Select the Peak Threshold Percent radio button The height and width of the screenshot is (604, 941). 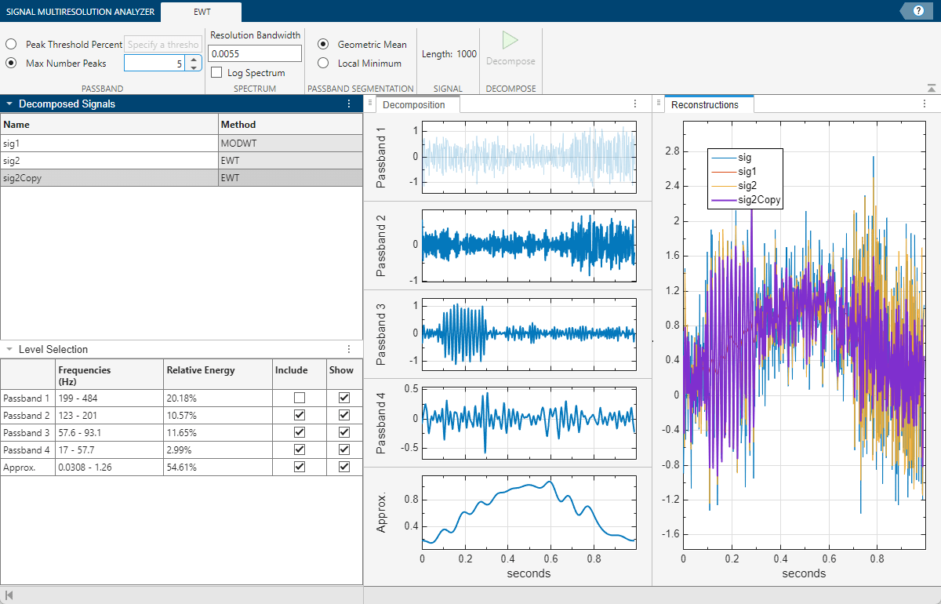coord(12,45)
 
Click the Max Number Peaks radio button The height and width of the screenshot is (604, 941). coord(12,63)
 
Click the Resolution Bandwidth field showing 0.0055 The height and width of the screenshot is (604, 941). coord(255,53)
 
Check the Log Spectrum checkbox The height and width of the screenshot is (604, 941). coord(216,73)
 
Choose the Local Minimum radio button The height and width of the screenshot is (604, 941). coord(323,64)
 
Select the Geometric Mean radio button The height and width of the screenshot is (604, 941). coord(323,45)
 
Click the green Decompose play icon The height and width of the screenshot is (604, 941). coord(510,41)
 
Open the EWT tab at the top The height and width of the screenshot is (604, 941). coord(202,12)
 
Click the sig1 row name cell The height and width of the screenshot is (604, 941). coord(110,143)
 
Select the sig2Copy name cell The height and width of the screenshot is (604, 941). coord(110,177)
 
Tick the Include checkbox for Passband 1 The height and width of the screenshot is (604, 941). coord(299,398)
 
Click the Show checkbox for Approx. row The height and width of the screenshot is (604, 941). coord(343,467)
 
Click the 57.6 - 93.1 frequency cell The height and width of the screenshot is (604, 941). coord(108,432)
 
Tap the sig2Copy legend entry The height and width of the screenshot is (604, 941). coord(760,200)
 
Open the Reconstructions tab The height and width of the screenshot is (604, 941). coord(705,104)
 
